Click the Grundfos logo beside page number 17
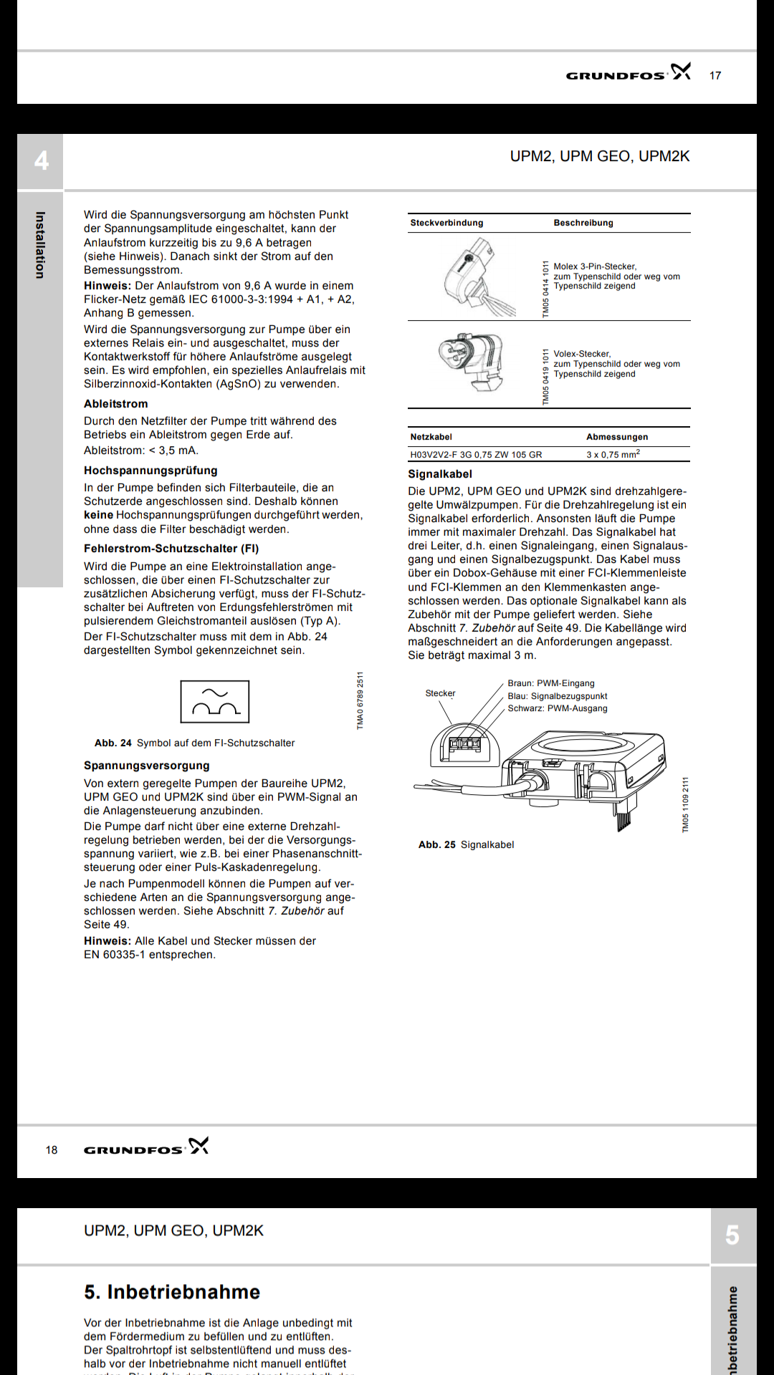(x=628, y=73)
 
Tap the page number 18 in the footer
(x=52, y=1150)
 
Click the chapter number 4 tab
(x=41, y=160)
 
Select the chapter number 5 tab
(x=732, y=1235)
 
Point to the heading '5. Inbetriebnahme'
(x=172, y=1292)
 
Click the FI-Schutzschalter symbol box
(x=215, y=701)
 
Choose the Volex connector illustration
(x=472, y=362)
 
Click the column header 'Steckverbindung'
(x=446, y=223)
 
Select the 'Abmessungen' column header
(x=617, y=437)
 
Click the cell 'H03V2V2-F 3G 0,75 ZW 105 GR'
(x=476, y=455)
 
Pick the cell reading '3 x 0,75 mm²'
(x=613, y=455)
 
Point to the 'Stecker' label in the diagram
(x=440, y=693)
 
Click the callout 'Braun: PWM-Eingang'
(x=551, y=683)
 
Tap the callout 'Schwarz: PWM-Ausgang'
(x=558, y=708)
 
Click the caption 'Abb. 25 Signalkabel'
(x=467, y=845)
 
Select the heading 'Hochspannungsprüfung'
(x=150, y=471)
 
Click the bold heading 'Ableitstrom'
(x=116, y=404)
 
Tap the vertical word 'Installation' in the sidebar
(x=40, y=245)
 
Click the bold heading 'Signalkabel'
(x=440, y=474)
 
